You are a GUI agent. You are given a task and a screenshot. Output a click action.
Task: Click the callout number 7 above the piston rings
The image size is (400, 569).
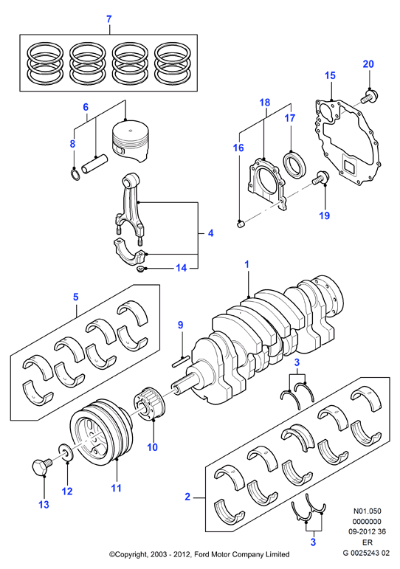coord(109,19)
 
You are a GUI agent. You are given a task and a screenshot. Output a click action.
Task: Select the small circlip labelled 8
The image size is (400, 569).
coord(75,173)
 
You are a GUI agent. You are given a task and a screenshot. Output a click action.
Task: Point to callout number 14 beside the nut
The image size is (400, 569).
coord(181,268)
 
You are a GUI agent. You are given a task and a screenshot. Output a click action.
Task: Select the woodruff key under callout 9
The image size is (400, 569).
coord(180,359)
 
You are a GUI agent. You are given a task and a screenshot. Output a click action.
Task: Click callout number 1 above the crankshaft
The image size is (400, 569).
coord(246,264)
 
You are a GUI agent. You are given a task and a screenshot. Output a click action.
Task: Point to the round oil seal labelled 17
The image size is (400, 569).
coord(294,165)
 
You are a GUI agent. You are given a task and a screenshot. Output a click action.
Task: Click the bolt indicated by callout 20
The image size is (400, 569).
coord(370,97)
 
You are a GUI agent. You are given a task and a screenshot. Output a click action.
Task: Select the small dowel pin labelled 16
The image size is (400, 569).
coord(240,224)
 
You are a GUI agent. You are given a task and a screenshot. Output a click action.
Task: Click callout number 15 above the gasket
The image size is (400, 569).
coord(330,75)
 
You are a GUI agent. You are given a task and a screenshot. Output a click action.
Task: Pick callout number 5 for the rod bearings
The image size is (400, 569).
coord(75,297)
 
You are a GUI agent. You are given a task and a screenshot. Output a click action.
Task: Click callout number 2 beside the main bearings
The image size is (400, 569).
coord(187,497)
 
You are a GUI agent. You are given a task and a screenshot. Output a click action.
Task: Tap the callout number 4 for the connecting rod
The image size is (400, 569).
coord(210,233)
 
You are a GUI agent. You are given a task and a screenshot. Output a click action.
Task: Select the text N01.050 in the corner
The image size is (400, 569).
coord(368,511)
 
